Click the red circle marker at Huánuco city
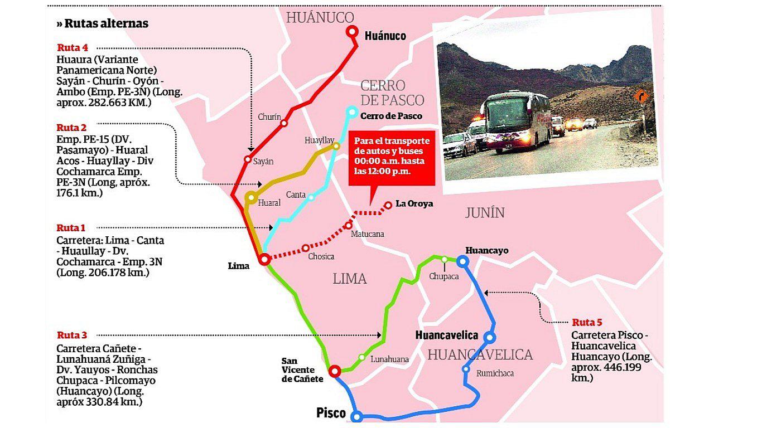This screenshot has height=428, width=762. click(x=352, y=32)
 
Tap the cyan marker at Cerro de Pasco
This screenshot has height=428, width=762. click(x=351, y=111)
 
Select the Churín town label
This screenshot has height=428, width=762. click(x=269, y=117)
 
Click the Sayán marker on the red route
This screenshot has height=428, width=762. click(x=248, y=159)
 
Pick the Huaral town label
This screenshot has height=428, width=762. click(x=269, y=203)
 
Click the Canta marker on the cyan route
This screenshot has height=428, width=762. click(x=311, y=197)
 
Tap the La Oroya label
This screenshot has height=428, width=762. click(x=414, y=204)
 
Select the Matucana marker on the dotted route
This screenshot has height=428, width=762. click(x=349, y=225)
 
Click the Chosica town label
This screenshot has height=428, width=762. click(x=321, y=256)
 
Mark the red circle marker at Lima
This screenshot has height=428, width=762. click(x=264, y=259)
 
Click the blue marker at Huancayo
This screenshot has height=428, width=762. click(x=462, y=260)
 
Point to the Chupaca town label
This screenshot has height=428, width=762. click(x=444, y=276)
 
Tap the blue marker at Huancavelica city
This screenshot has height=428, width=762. click(x=489, y=337)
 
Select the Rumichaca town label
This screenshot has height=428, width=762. click(x=495, y=373)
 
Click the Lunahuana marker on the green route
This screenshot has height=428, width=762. click(x=362, y=357)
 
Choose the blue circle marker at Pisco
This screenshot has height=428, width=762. click(x=356, y=416)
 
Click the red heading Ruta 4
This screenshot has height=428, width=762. click(x=72, y=47)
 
